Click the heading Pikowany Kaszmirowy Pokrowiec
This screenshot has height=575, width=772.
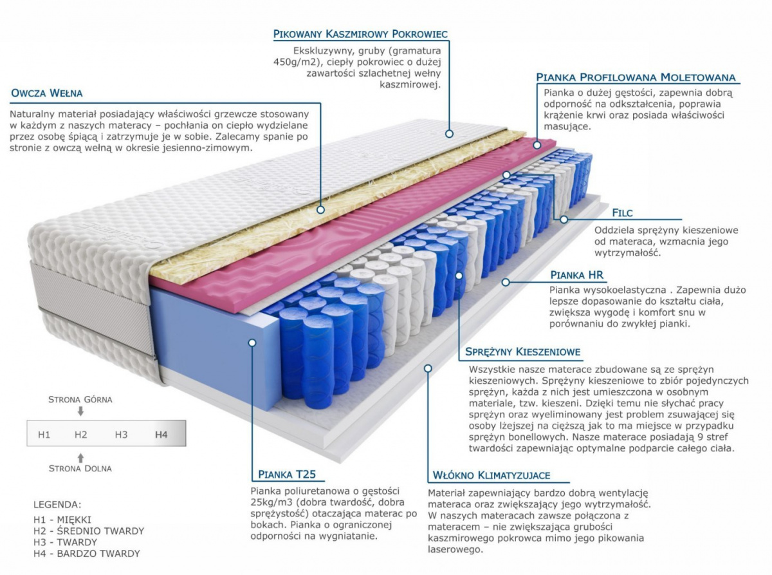coord(360,33)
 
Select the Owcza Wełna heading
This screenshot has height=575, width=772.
coord(46,93)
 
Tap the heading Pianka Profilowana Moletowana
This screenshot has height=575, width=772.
coord(636,77)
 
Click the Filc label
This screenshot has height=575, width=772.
coord(622,212)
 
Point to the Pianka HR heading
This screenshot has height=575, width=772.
coord(576,275)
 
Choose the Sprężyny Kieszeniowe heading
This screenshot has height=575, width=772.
coord(523,352)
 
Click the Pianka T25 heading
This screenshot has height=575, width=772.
coord(287,475)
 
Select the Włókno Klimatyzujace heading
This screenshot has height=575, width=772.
coord(492,475)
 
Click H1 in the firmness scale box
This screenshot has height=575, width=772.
coord(44,435)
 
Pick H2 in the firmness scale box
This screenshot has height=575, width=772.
coord(81,435)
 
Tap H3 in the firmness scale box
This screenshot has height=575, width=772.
coord(121,435)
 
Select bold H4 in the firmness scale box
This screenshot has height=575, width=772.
coord(161,435)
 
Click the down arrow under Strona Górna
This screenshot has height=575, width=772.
coord(80,411)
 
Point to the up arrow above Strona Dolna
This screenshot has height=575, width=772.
coord(80,458)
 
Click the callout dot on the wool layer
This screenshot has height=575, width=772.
coord(320,209)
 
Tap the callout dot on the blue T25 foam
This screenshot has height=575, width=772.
coord(252,343)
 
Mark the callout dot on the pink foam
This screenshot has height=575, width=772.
coord(537,145)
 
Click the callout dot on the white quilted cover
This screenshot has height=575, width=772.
coord(449,133)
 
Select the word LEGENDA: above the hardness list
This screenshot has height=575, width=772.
coord(57,505)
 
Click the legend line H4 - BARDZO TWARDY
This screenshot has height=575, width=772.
coord(87,553)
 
